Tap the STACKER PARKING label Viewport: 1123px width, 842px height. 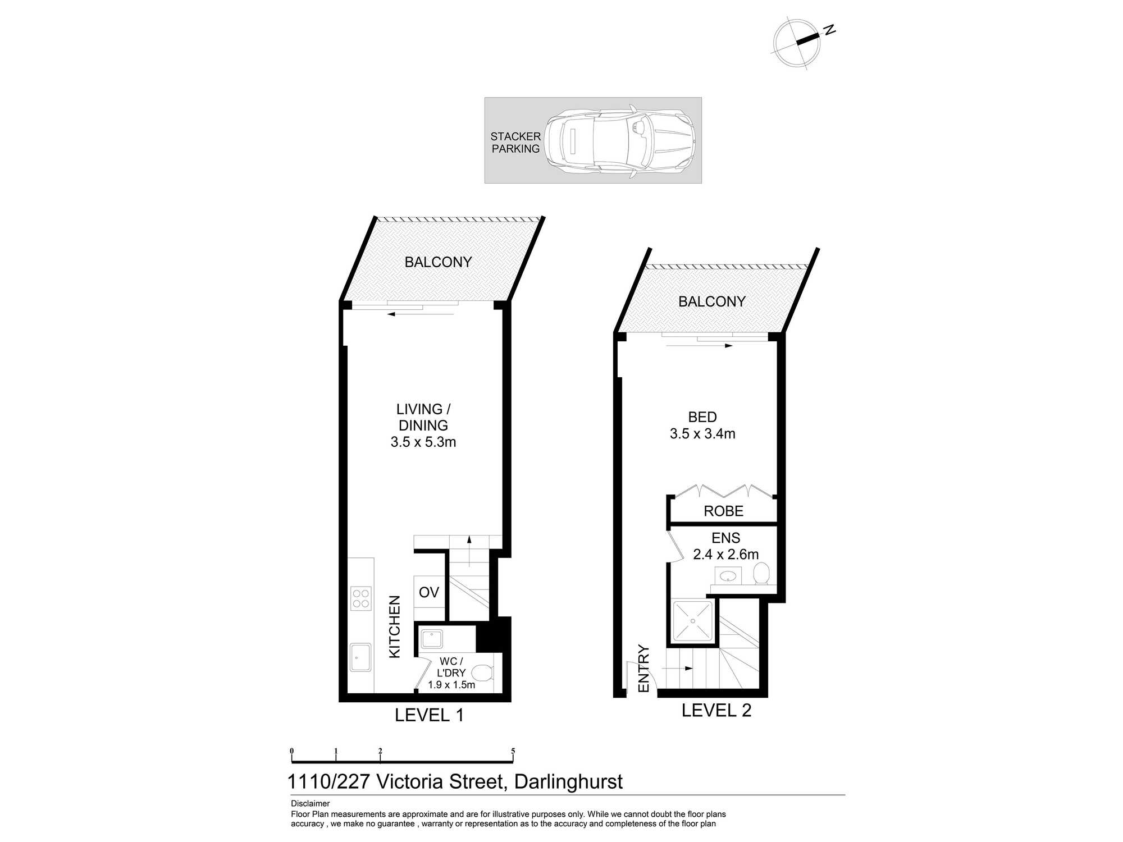pyautogui.click(x=515, y=143)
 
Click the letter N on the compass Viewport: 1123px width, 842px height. pyautogui.click(x=829, y=30)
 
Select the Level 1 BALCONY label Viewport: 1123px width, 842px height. pyautogui.click(x=438, y=262)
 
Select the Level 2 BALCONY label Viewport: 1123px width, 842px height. pyautogui.click(x=711, y=302)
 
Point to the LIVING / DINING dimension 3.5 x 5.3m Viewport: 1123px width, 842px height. pyautogui.click(x=423, y=442)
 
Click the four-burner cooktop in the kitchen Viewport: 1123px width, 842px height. pyautogui.click(x=360, y=598)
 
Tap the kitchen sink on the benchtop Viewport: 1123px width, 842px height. pyautogui.click(x=360, y=657)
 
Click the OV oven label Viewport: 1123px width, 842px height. pyautogui.click(x=429, y=592)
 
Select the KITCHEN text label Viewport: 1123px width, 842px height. pyautogui.click(x=395, y=627)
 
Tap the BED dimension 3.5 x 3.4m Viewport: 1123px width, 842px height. pyautogui.click(x=702, y=434)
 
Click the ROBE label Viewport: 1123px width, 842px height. pyautogui.click(x=723, y=511)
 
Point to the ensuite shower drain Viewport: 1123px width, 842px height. pyautogui.click(x=693, y=621)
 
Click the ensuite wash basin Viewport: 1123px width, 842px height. pyautogui.click(x=728, y=575)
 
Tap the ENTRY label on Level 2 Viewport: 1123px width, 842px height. pyautogui.click(x=643, y=669)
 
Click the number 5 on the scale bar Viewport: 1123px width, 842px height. pyautogui.click(x=513, y=751)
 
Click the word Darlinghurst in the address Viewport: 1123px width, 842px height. pyautogui.click(x=568, y=782)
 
